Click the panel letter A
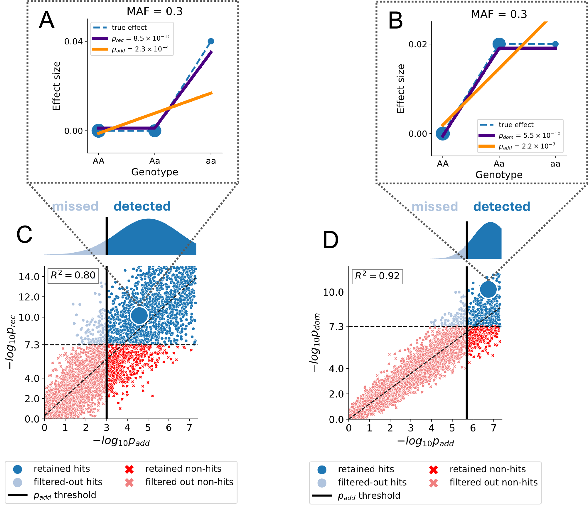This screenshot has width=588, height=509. [47, 20]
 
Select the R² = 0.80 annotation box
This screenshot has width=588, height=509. [73, 275]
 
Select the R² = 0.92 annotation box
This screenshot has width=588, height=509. [377, 276]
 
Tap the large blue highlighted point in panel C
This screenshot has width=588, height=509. [139, 315]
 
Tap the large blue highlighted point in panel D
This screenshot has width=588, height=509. [488, 289]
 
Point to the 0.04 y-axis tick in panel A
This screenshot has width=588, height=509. [73, 41]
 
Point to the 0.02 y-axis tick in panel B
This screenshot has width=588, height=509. [417, 44]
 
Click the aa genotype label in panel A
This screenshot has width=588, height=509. [211, 161]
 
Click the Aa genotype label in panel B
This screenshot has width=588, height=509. [499, 164]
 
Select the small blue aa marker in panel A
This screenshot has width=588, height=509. [211, 41]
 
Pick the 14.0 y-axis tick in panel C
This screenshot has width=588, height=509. [29, 277]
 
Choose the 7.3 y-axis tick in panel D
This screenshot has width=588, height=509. [336, 326]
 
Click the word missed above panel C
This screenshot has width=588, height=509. [75, 206]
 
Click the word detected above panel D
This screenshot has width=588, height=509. [501, 206]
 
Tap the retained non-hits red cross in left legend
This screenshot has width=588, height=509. [129, 469]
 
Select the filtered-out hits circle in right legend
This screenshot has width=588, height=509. [322, 483]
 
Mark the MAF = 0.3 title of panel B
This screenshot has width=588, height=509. [499, 14]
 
